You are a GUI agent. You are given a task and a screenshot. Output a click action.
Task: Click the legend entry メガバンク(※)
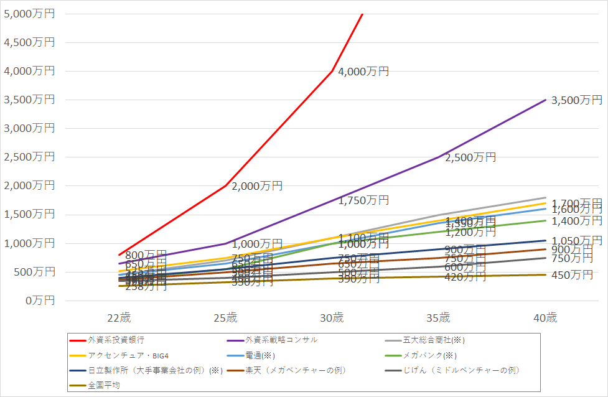click(x=430, y=355)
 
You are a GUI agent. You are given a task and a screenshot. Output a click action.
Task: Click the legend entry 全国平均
click(x=102, y=385)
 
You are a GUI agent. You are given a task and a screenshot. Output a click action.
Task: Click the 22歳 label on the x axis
click(x=119, y=318)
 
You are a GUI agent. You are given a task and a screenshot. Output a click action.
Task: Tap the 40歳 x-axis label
click(x=545, y=318)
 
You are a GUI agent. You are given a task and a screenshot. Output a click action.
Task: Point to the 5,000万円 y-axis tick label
click(x=29, y=14)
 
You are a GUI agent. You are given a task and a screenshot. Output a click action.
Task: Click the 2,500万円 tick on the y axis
click(x=29, y=157)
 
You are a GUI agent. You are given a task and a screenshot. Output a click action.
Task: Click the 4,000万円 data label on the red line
click(x=363, y=72)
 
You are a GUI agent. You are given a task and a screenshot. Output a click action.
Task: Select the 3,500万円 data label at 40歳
click(x=577, y=100)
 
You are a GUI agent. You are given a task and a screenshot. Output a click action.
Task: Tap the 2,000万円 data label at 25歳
click(x=257, y=186)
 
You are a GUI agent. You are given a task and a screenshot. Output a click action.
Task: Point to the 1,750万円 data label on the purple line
click(x=363, y=200)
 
